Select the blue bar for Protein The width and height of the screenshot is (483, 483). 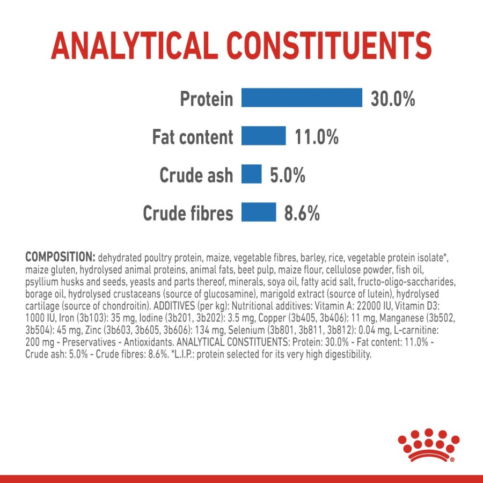[302, 98]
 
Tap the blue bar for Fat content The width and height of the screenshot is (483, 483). [263, 136]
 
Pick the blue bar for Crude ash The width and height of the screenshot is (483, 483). [251, 174]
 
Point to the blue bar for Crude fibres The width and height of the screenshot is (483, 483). [258, 213]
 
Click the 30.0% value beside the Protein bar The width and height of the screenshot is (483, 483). [393, 99]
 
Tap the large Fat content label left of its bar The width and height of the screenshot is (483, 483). [193, 137]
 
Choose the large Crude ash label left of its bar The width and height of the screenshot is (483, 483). [196, 175]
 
